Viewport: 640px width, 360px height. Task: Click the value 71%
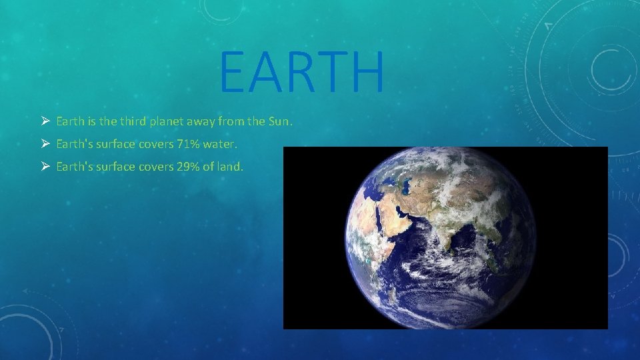click(187, 143)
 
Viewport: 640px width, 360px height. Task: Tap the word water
click(220, 143)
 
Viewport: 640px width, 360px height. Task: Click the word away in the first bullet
click(198, 121)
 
